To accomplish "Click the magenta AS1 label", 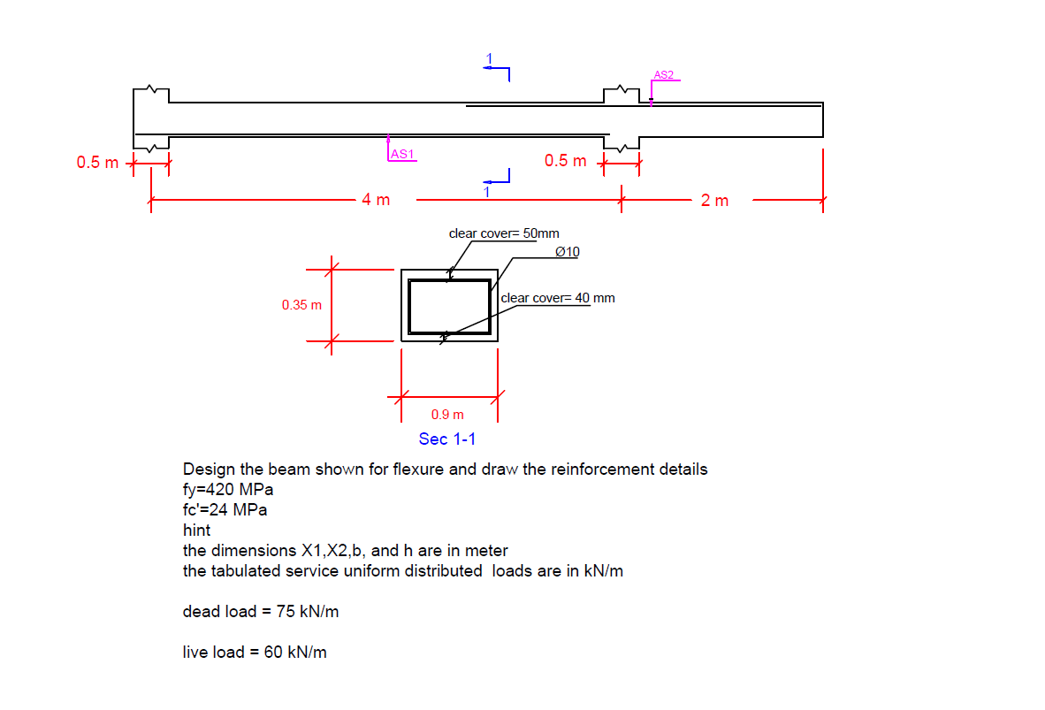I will [402, 155].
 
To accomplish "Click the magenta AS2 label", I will [664, 75].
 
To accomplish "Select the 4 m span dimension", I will [376, 200].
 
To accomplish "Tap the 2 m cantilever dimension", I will [714, 201].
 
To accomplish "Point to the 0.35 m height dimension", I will [301, 305].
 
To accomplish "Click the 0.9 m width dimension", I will [447, 414].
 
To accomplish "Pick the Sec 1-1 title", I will [447, 439].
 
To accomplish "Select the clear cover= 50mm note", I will [504, 233].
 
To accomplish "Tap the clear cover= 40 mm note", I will [558, 298].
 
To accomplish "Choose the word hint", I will [196, 531].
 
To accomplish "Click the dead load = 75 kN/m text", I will [261, 611].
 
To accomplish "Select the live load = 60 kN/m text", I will [255, 653].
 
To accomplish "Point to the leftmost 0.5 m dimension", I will [96, 163].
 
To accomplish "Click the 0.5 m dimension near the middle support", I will [565, 161].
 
